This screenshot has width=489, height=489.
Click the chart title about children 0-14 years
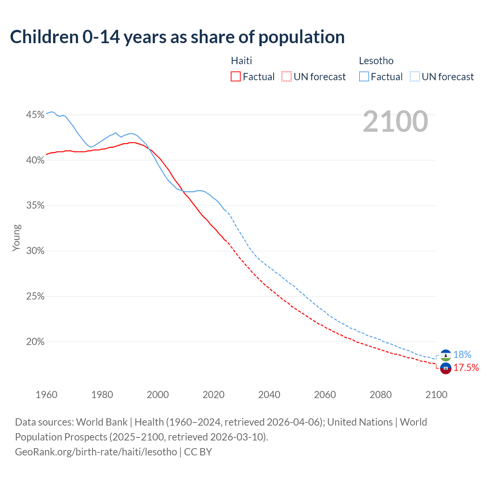click(x=177, y=37)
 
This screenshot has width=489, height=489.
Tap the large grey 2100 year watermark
click(x=395, y=121)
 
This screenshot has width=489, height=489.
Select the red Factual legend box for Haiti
click(x=236, y=77)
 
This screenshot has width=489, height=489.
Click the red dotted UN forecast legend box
click(x=287, y=77)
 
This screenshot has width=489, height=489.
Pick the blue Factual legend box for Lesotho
click(x=364, y=77)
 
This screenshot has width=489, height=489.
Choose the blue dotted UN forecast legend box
click(x=415, y=77)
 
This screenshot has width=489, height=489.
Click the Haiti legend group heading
click(x=241, y=61)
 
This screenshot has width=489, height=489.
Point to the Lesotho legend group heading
click(x=376, y=61)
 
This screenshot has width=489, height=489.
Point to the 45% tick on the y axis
click(x=35, y=115)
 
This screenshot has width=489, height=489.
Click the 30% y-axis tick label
click(x=35, y=251)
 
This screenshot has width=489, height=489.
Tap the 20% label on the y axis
click(x=35, y=342)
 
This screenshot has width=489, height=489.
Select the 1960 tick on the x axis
click(x=46, y=395)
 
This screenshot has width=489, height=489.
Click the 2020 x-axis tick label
click(x=214, y=395)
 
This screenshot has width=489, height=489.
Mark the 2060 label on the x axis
click(x=325, y=395)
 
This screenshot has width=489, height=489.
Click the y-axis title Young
click(x=16, y=238)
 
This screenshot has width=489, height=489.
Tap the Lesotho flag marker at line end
click(x=445, y=355)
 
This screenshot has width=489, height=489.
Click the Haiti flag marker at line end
click(x=445, y=368)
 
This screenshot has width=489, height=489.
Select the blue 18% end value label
click(x=462, y=355)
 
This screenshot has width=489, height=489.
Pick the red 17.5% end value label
click(x=466, y=368)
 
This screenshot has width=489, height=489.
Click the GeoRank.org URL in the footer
click(x=96, y=452)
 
